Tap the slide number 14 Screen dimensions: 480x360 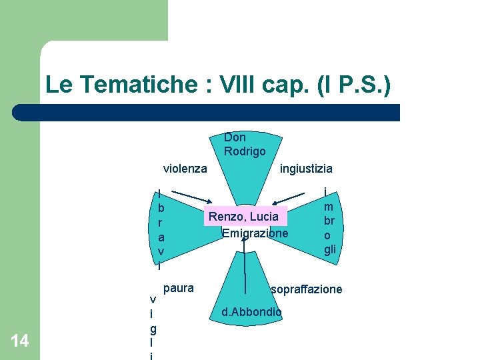(20, 341)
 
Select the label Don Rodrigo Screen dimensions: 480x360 (245, 145)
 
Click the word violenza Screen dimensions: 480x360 (185, 169)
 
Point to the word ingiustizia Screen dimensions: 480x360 (306, 169)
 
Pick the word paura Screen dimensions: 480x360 (179, 288)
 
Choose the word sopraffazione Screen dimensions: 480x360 (307, 289)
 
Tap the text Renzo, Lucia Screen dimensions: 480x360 (244, 217)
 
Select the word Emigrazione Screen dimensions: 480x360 (255, 233)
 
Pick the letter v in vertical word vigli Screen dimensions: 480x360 (153, 299)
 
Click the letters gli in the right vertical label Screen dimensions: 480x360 (330, 249)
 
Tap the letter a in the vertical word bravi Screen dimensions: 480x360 (161, 237)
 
